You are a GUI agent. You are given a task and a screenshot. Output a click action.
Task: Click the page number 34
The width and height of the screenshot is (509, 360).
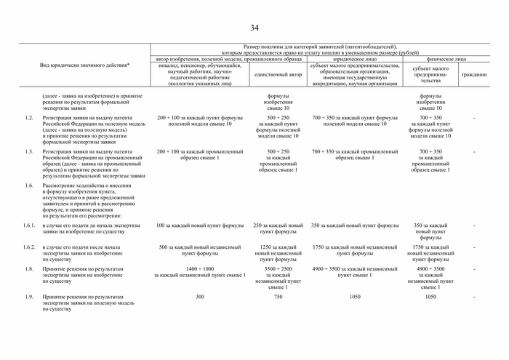click(254, 28)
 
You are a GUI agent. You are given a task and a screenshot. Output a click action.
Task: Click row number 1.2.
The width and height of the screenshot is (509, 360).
click(29, 117)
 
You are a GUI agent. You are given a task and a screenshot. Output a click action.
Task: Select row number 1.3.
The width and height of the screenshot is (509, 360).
click(29, 151)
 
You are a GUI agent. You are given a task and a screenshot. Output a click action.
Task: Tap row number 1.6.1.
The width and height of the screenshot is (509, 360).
click(28, 225)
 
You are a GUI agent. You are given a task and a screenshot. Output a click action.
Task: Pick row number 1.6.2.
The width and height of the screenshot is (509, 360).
click(28, 247)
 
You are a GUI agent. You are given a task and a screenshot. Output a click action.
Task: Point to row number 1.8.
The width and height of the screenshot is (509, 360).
click(29, 269)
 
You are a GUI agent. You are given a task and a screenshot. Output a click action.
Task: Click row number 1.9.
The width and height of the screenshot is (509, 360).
click(29, 297)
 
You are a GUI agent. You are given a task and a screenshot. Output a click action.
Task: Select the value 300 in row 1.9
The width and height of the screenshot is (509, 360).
click(200, 297)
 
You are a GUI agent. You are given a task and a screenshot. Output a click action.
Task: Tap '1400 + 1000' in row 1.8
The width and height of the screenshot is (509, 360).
click(200, 269)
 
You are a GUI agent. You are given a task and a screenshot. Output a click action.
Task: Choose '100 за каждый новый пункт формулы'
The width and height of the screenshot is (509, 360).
click(200, 225)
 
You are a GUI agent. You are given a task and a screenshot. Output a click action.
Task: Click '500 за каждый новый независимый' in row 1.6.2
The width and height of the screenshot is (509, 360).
click(200, 247)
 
